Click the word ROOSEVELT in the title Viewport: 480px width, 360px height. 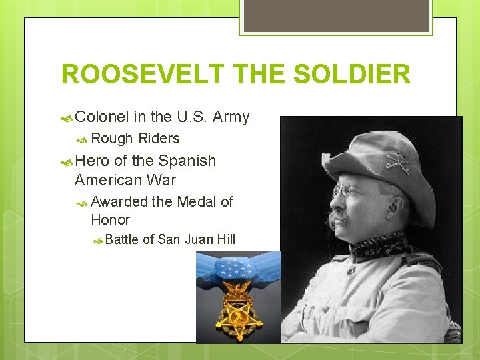click(139, 74)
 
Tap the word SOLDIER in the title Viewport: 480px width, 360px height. click(352, 74)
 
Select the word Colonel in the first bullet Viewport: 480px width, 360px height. click(102, 117)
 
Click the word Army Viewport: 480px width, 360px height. click(231, 118)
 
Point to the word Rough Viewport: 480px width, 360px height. click(112, 139)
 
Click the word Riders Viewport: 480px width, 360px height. click(159, 139)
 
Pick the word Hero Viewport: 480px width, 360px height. click(93, 161)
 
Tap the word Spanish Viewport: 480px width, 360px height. click(187, 161)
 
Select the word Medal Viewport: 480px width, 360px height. click(196, 201)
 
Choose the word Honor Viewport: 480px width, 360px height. click(110, 219)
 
